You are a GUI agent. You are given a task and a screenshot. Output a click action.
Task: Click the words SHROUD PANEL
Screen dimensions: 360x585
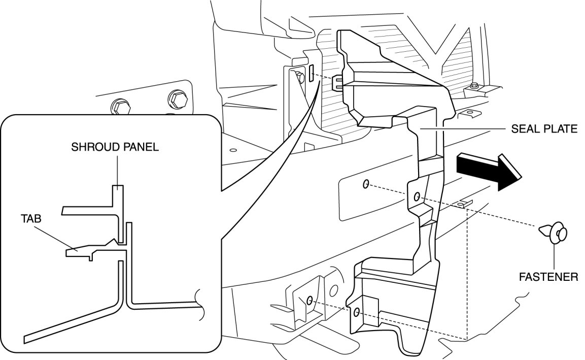[x=115, y=147]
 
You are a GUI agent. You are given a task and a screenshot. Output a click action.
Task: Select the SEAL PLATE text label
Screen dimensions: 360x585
[x=544, y=129]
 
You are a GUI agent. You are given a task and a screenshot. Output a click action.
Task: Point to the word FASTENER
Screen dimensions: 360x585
[x=548, y=277]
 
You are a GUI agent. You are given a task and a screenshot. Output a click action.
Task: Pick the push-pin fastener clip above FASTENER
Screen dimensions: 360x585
[x=555, y=233]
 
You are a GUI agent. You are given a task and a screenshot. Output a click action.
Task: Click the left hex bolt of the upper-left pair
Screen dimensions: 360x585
[x=118, y=107]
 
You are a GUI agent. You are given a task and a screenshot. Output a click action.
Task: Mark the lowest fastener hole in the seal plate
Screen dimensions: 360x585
[x=357, y=311]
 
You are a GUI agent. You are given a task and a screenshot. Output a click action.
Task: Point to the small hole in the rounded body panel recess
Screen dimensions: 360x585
[x=366, y=184]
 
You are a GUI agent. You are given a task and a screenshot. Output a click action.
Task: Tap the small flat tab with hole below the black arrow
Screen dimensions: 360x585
[x=462, y=204]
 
